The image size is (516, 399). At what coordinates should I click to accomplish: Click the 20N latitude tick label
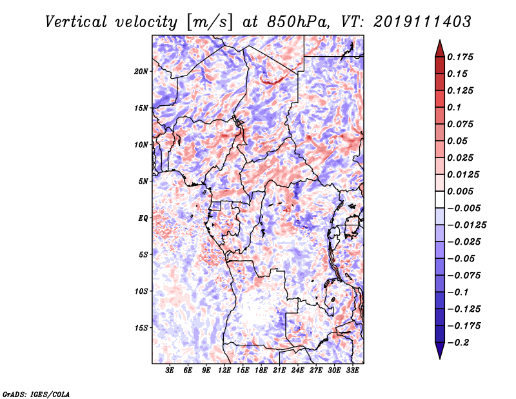141,72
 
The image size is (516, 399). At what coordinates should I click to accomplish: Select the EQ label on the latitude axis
143,218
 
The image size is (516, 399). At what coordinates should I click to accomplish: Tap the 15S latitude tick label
141,328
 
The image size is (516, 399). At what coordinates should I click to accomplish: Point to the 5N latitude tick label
143,181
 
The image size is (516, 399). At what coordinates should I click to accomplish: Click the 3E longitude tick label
170,370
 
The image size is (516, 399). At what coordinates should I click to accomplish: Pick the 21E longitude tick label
279,370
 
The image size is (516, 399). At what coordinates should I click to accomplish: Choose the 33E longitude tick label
352,370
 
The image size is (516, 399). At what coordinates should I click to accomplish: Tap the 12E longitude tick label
224,370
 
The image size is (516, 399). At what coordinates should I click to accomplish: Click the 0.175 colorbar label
460,57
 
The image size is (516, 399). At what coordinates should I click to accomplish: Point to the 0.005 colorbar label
460,191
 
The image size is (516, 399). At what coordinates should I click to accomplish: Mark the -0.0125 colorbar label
466,225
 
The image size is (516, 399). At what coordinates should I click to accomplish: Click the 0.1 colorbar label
454,107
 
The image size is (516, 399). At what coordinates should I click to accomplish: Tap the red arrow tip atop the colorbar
440,41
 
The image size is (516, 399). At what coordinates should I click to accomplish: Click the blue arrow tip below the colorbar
440,358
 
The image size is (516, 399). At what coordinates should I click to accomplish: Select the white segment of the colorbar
440,200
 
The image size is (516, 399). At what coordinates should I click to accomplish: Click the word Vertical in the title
76,22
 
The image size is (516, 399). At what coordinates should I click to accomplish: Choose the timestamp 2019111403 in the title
422,22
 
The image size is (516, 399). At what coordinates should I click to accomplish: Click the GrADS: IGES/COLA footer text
36,394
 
